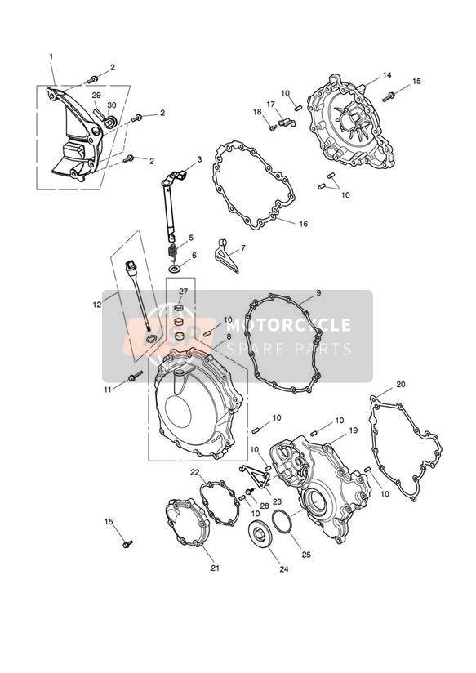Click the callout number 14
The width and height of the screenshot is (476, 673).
387,75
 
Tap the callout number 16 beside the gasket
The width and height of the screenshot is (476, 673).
304,224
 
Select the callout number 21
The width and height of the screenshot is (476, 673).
215,568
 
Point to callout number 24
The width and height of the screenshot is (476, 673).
283,569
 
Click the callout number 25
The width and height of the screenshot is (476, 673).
306,555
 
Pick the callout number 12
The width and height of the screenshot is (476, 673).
97,305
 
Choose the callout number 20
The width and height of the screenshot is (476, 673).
400,384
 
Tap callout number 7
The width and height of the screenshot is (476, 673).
243,247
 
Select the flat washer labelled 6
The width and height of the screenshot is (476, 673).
173,269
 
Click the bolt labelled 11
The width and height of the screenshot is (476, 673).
135,377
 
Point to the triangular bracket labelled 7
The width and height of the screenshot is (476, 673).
227,256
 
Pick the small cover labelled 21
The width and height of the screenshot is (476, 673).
188,522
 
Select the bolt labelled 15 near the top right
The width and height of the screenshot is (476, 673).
389,96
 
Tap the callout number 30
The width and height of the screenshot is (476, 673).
112,105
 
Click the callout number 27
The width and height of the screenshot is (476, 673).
183,291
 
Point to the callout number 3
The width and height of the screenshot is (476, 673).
199,159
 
